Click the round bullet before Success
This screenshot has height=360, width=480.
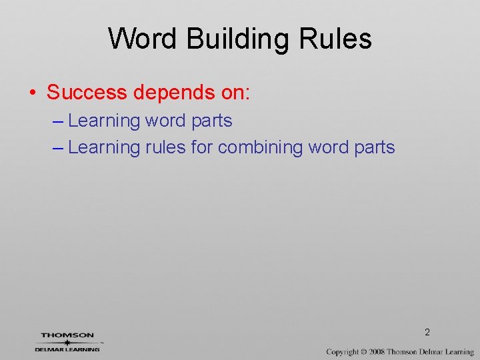pos(33,93)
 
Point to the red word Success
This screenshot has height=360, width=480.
pos(86,92)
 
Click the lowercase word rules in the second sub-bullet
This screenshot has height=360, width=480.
pos(165,147)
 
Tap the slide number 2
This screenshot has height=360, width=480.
pos(427,332)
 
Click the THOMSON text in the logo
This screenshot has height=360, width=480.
pos(67,335)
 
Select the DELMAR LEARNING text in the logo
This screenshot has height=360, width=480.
pos(67,349)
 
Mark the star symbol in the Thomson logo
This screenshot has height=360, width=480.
pos(67,342)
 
